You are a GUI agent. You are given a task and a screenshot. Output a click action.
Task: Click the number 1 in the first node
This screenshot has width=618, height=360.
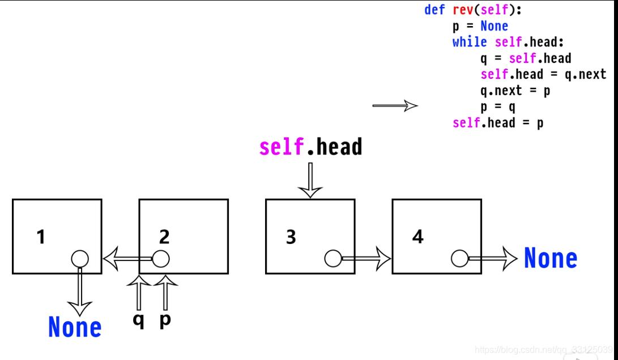click(x=41, y=237)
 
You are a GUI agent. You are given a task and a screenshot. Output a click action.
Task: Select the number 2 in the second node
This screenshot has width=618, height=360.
click(x=164, y=237)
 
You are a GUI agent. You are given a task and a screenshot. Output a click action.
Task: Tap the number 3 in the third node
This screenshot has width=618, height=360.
click(x=291, y=237)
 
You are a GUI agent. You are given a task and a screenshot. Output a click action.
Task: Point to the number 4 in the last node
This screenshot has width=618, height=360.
click(x=418, y=237)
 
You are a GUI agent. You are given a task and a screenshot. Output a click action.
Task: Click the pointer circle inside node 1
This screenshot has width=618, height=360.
click(x=80, y=259)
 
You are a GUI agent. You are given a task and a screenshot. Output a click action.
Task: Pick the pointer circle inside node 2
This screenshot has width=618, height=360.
click(x=161, y=259)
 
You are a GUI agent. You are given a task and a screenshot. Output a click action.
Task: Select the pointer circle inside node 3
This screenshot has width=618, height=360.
click(x=333, y=259)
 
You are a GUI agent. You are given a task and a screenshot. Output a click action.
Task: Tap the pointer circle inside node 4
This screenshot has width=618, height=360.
click(x=460, y=259)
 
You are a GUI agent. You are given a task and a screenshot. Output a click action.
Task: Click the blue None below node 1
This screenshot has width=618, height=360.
click(x=75, y=327)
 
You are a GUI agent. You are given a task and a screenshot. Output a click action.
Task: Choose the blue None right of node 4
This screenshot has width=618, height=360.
click(x=550, y=259)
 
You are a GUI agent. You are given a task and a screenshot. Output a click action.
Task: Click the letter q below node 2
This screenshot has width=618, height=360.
click(x=138, y=320)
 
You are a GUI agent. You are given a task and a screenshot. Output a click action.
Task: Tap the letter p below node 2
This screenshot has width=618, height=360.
click(x=165, y=320)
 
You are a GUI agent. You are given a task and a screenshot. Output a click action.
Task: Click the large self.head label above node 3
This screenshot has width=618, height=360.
click(x=310, y=147)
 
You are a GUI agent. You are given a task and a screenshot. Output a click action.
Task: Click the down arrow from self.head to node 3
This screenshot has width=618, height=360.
click(x=310, y=180)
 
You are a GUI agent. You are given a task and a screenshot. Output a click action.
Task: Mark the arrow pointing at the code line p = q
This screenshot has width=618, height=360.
click(x=395, y=106)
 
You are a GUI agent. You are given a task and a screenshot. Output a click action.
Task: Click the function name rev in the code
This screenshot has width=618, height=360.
click(x=465, y=10)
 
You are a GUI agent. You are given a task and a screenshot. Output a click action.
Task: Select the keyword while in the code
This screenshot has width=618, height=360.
click(x=470, y=42)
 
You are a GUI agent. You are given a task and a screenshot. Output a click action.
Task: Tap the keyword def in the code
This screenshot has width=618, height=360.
click(x=434, y=10)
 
